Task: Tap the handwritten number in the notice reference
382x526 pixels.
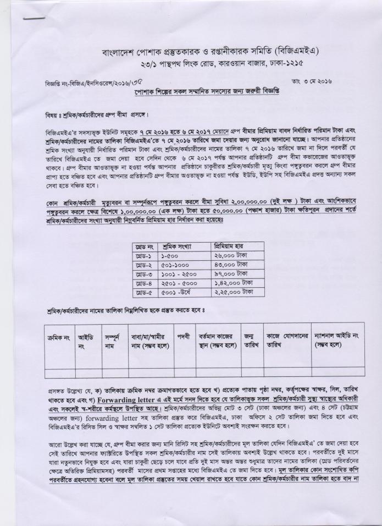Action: point(129,83)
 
